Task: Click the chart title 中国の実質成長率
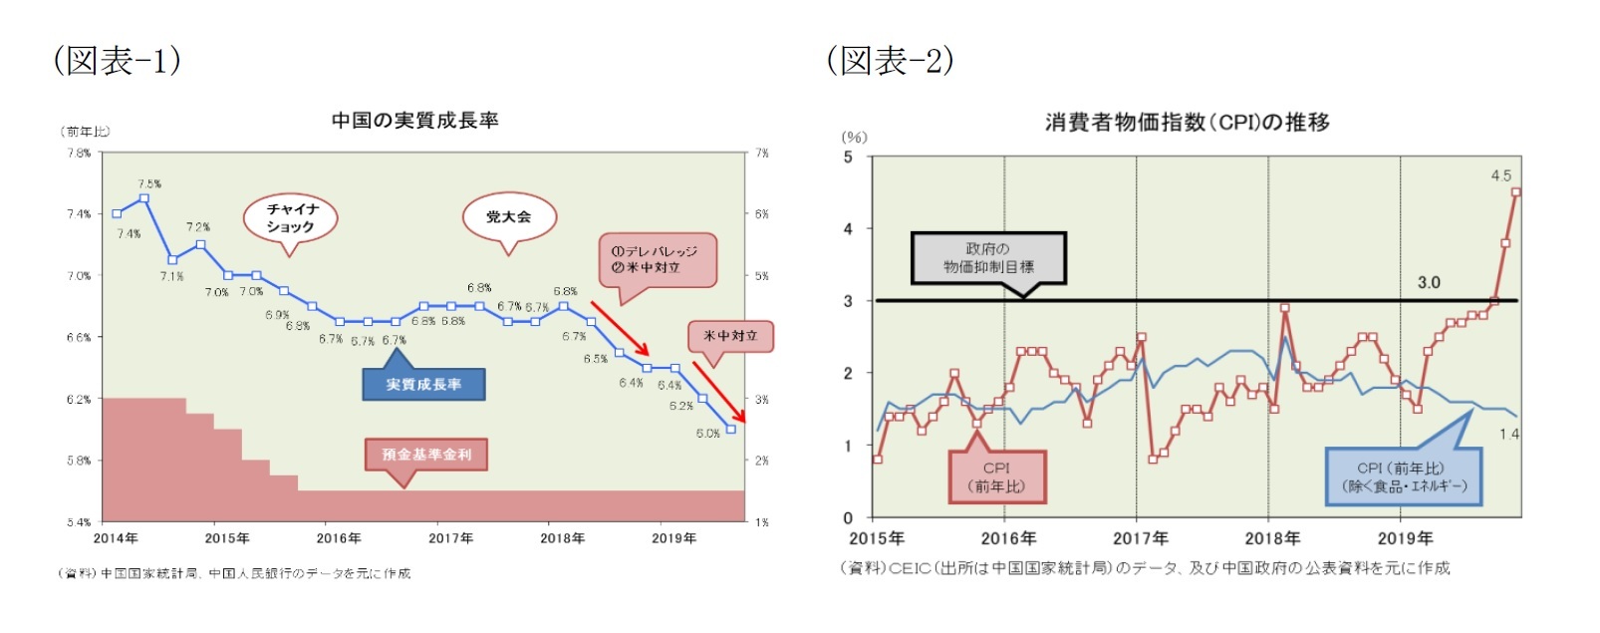[x=414, y=121]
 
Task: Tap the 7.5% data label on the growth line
[x=149, y=183]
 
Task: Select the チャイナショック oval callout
[x=290, y=217]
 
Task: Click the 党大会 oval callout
[x=508, y=216]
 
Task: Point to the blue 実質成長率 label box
[x=423, y=385]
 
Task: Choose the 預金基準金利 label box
[x=426, y=455]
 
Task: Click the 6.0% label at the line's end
[x=707, y=434]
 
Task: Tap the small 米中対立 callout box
[x=730, y=336]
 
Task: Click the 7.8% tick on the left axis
[x=79, y=153]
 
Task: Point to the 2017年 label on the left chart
[x=450, y=538]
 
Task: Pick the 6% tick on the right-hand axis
[x=761, y=214]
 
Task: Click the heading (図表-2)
[x=890, y=61]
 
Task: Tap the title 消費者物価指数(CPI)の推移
[x=1187, y=123]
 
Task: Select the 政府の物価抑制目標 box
[x=987, y=258]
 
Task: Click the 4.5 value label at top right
[x=1500, y=175]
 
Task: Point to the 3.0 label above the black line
[x=1428, y=282]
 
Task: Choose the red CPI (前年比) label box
[x=996, y=476]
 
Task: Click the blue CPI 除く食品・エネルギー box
[x=1403, y=476]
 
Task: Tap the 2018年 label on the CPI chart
[x=1272, y=538]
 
